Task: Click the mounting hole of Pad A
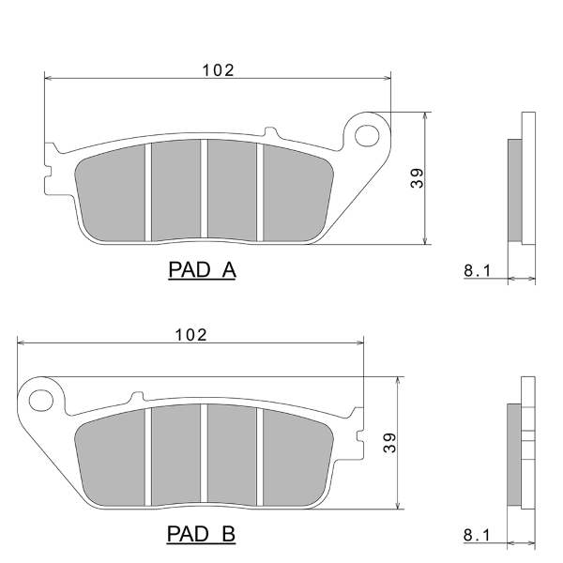(367, 136)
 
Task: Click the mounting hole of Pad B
(41, 401)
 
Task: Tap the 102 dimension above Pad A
(218, 70)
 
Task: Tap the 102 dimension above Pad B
(190, 335)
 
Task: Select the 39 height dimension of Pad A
(417, 178)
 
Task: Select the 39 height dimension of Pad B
(389, 443)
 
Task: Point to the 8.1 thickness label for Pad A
(478, 270)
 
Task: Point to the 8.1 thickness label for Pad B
(477, 535)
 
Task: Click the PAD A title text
(202, 269)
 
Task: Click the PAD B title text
(201, 534)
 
